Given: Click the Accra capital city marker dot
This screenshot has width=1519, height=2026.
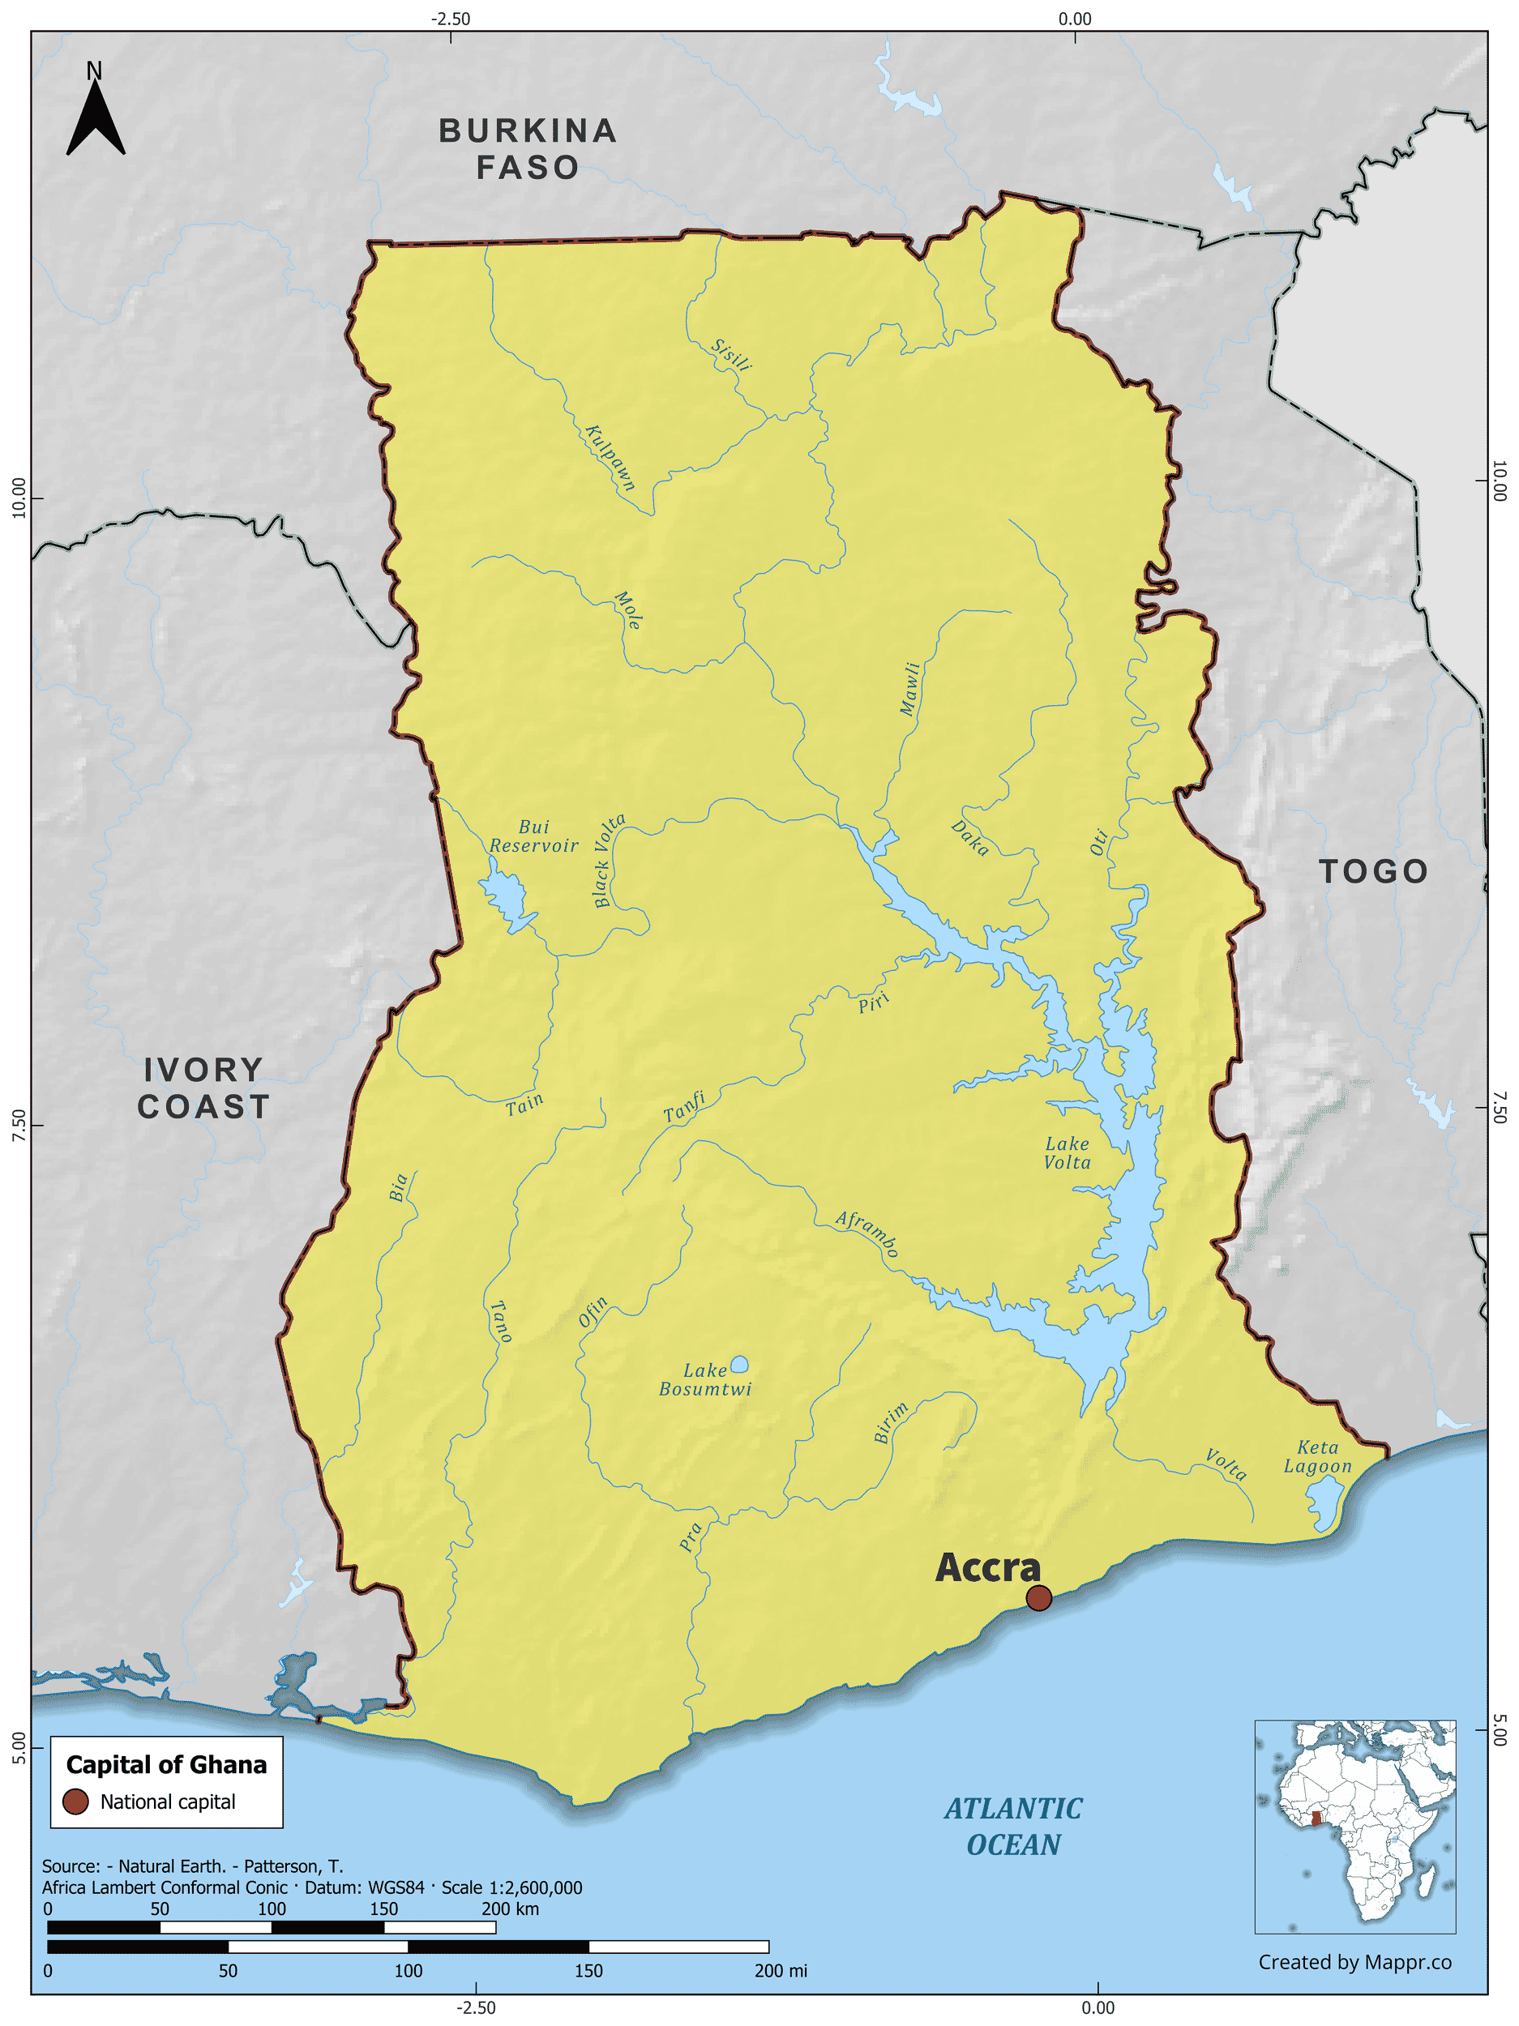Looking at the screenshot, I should click(1038, 1597).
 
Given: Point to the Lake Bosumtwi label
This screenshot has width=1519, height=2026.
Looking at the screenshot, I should click(704, 1379).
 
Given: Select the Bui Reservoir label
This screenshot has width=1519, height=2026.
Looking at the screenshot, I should click(533, 836).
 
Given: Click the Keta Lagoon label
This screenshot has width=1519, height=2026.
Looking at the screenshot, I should click(1317, 1456).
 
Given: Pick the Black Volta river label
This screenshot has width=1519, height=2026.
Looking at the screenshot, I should click(609, 860).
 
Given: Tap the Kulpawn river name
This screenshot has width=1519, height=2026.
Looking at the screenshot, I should click(610, 457).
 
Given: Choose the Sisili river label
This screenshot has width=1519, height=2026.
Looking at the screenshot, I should click(732, 356).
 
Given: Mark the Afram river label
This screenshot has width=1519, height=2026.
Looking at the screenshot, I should click(866, 1233).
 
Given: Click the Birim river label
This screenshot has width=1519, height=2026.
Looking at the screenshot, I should click(891, 1422).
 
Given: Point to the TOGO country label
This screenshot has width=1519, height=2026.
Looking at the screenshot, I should click(1373, 871).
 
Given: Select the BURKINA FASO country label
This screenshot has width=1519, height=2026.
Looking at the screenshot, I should click(528, 149).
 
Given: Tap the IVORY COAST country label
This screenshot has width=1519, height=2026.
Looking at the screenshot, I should click(203, 1088).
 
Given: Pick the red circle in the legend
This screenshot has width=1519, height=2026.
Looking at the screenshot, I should click(75, 1801).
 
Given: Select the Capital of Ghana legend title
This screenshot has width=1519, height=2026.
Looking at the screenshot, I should click(166, 1764).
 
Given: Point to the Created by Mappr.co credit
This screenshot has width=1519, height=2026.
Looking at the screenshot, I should click(1354, 1962).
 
